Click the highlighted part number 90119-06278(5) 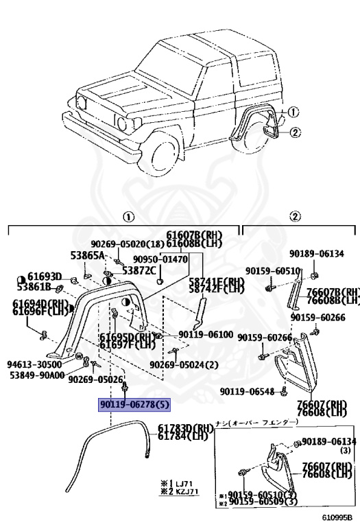coord(134,405)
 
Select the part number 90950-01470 coord(160,259)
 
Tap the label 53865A coord(87,255)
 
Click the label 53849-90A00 coord(37,375)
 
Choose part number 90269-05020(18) coord(128,243)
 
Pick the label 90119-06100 coord(206,333)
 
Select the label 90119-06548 coord(248,391)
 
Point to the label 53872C coord(139,270)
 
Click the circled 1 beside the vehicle coord(293,112)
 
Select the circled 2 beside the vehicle coord(294,132)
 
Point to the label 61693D coord(45,277)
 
